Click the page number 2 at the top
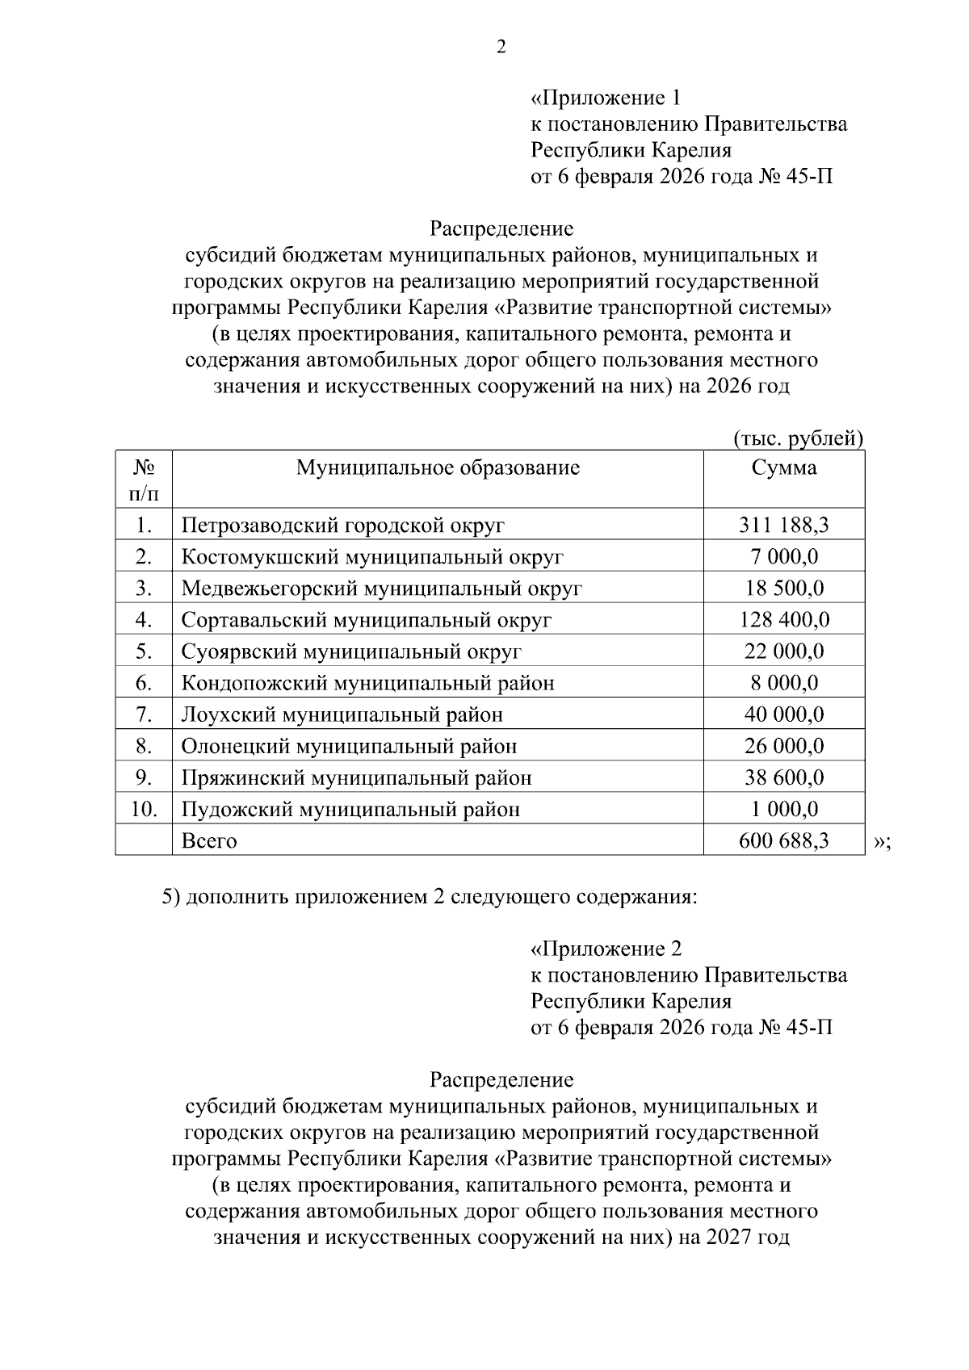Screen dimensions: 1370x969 [x=501, y=48]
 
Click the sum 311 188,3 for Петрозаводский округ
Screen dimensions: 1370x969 [x=783, y=526]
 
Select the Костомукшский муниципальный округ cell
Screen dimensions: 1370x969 [x=372, y=557]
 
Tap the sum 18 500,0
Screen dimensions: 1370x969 [x=783, y=589]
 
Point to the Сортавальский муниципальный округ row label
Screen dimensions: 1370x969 [x=367, y=620]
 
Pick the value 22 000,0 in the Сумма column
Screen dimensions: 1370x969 [x=783, y=651]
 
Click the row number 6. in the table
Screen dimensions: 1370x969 [x=144, y=683]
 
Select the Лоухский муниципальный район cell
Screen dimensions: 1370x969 [x=342, y=714]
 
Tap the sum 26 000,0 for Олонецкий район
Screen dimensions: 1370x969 [x=783, y=746]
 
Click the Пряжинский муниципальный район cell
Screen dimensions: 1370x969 [x=356, y=777]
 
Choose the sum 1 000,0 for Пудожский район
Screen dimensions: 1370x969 [x=783, y=809]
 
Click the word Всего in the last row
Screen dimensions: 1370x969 [x=209, y=841]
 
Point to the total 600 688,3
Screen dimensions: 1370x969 [x=783, y=841]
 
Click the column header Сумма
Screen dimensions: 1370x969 [x=783, y=467]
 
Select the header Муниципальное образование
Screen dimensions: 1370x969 [x=438, y=467]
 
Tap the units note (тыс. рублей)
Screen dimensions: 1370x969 [x=798, y=438]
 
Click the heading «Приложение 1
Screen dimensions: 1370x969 [x=606, y=98]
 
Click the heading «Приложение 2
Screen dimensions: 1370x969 [x=606, y=949]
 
